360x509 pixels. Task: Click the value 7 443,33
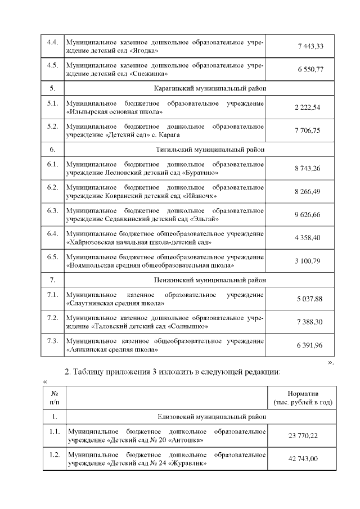309,46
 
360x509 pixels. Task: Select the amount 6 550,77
309,69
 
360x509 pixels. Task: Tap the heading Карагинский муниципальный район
210,88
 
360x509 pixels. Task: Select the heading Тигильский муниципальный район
210,150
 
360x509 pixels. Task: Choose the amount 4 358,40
307,237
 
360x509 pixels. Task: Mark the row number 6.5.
53,256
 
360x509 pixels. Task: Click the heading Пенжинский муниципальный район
210,280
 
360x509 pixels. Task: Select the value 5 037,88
309,299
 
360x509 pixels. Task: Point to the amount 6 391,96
309,345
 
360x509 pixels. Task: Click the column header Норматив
303,394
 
